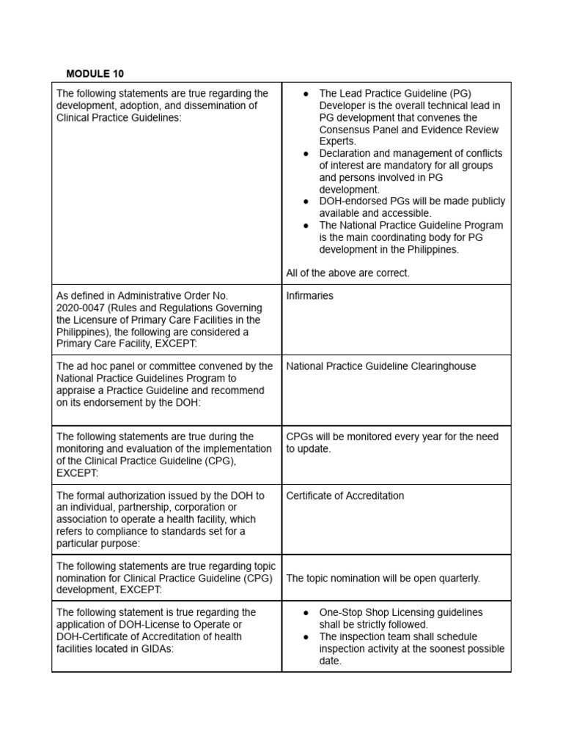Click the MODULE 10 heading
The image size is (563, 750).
click(x=95, y=73)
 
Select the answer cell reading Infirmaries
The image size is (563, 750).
click(x=309, y=296)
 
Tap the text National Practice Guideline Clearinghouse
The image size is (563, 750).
click(x=380, y=366)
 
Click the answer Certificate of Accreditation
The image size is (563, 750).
click(x=345, y=496)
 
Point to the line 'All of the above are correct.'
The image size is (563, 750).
click(x=347, y=273)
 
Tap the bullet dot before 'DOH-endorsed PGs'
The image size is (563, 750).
click(x=305, y=201)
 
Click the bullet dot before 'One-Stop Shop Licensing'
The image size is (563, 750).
click(x=305, y=612)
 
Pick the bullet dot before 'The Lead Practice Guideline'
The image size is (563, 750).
click(x=305, y=94)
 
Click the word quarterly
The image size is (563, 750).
click(x=456, y=579)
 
